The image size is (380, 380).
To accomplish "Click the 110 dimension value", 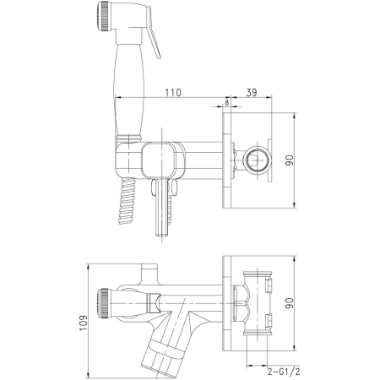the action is click(x=173, y=92).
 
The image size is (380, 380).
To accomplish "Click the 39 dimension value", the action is click(x=252, y=92).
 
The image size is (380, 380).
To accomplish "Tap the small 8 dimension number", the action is click(x=227, y=103).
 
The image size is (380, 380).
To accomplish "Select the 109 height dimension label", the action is click(x=84, y=323).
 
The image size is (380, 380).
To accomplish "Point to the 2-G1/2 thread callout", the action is click(x=284, y=372).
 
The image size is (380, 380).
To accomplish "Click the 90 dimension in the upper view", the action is click(x=290, y=160).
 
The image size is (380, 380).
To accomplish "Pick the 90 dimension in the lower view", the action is click(x=290, y=303).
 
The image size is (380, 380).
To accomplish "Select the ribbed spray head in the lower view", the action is click(x=103, y=303).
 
